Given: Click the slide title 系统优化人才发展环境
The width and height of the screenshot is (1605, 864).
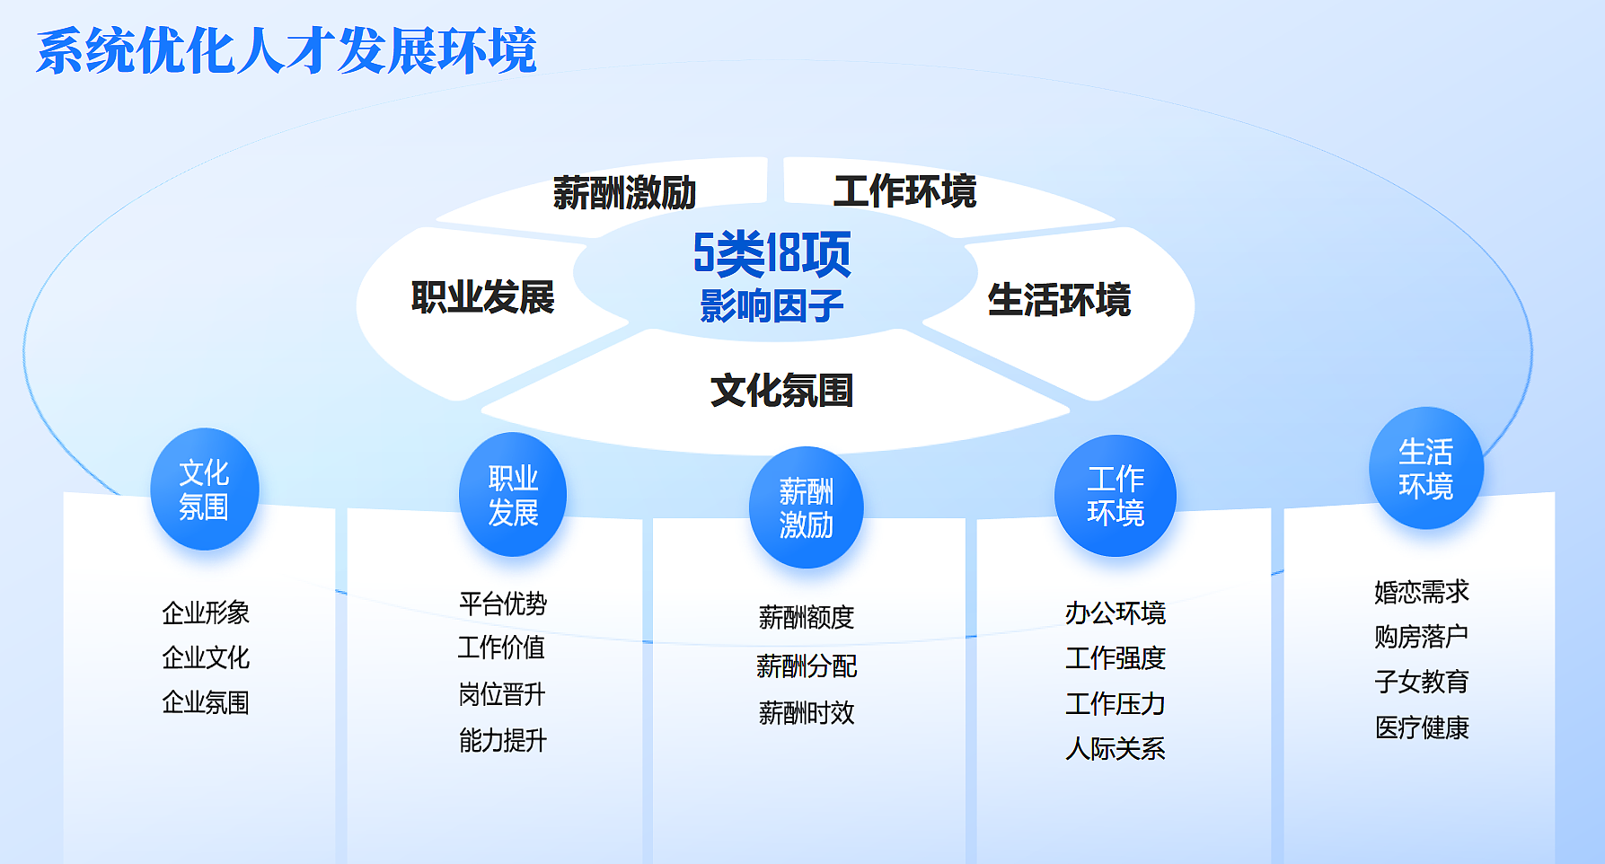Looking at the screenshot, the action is coord(287,50).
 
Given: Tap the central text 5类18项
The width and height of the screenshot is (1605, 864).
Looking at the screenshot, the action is coord(772,254).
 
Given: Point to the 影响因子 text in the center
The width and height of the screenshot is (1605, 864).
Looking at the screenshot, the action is coord(772,306).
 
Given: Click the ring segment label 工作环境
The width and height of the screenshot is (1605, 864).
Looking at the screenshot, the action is coord(904,191).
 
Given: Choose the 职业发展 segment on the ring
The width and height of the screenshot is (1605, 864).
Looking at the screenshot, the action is coord(482,298).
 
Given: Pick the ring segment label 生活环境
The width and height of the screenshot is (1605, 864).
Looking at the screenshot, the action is coord(1059,300).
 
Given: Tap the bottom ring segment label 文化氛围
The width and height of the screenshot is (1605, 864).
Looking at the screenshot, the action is coord(781,391).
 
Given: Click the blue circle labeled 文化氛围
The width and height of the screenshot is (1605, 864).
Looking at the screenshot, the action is coord(205,489).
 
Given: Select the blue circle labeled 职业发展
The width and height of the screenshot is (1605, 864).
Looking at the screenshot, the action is coord(513,495).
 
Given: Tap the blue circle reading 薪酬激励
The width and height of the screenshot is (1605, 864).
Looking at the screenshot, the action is coord(807,507).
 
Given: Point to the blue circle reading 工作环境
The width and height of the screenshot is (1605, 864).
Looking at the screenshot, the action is coord(1116,496).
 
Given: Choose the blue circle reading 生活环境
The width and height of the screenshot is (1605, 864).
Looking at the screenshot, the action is coord(1426,468).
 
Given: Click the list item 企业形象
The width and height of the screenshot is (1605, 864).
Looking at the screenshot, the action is coord(206,613).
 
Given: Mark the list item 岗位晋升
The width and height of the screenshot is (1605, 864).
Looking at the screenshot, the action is coord(502,694).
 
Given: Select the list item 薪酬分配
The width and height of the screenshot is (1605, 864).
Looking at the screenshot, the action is coord(807,666).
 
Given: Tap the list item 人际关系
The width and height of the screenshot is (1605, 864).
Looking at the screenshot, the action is coord(1116,749).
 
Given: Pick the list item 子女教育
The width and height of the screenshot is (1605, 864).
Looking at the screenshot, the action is coord(1422,682).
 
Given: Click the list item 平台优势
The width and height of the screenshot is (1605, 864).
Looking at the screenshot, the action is coord(503,604).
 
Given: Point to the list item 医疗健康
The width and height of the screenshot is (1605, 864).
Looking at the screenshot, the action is coord(1422,727).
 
